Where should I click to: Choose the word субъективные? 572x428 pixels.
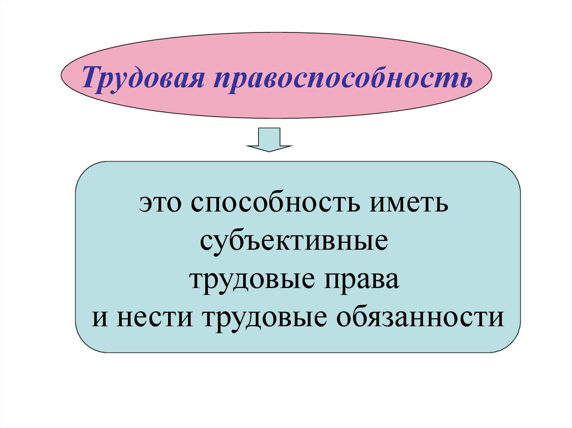293,242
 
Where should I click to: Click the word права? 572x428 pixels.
364,279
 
